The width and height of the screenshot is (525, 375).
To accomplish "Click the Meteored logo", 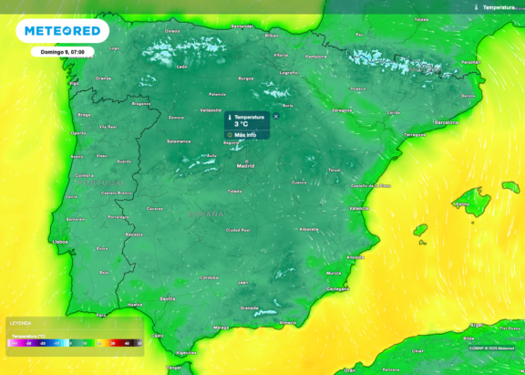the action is [62, 31].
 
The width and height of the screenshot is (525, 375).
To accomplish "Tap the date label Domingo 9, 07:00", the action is [63, 53].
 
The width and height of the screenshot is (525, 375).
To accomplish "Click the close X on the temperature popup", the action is [276, 116].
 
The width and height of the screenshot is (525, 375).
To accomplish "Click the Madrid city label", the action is [245, 167].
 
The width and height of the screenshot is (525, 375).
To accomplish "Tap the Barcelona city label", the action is [446, 121].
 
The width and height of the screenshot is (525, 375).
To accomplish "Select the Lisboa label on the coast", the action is [62, 241].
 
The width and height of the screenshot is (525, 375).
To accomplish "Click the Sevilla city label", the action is [168, 298].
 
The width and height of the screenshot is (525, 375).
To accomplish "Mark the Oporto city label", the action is [82, 133].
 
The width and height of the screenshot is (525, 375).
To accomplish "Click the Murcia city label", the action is [334, 273].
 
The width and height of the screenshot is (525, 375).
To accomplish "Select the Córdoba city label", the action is [209, 276].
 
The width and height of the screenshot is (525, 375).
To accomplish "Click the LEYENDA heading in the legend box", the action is [19, 323].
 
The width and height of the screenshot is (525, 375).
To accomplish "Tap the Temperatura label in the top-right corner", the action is [498, 6].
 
